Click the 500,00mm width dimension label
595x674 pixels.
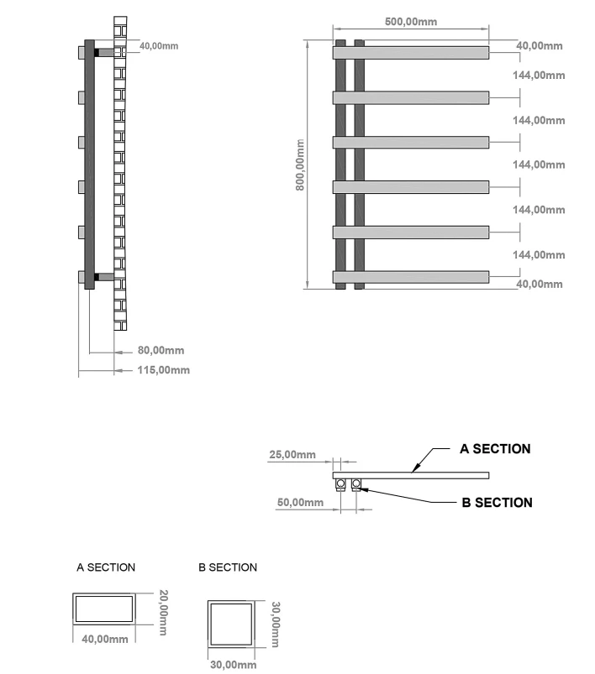click(411, 22)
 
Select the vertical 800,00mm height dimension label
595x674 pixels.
click(300, 165)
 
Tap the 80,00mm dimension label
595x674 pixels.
click(161, 351)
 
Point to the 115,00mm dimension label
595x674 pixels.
click(163, 370)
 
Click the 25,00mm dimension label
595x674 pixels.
click(292, 455)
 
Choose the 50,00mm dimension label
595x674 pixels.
click(300, 503)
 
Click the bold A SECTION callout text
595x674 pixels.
click(495, 449)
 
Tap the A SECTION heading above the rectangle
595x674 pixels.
click(106, 568)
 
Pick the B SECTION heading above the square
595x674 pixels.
click(228, 568)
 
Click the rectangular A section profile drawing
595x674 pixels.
click(105, 609)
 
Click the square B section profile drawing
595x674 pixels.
click(230, 624)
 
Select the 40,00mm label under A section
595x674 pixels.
click(104, 640)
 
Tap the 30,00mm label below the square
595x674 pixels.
click(234, 665)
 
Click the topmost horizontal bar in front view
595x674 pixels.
click(412, 53)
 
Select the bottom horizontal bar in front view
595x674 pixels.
click(412, 277)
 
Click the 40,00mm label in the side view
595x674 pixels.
click(159, 46)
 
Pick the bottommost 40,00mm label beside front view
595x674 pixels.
click(539, 285)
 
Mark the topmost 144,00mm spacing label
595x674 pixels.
click(539, 76)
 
